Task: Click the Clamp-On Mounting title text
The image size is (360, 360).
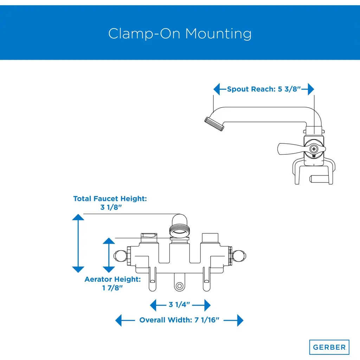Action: (180, 34)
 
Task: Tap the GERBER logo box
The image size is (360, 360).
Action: (329, 347)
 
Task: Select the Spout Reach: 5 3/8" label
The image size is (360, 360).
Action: (264, 89)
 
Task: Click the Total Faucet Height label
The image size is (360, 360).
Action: (110, 199)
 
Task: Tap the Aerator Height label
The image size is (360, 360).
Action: (112, 279)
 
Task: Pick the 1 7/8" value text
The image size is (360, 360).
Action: (112, 288)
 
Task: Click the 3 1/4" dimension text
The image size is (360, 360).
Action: (179, 304)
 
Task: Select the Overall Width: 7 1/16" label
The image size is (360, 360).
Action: (179, 320)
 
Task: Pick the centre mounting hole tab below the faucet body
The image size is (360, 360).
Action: (179, 286)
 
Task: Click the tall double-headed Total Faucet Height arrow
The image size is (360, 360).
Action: (78, 243)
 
